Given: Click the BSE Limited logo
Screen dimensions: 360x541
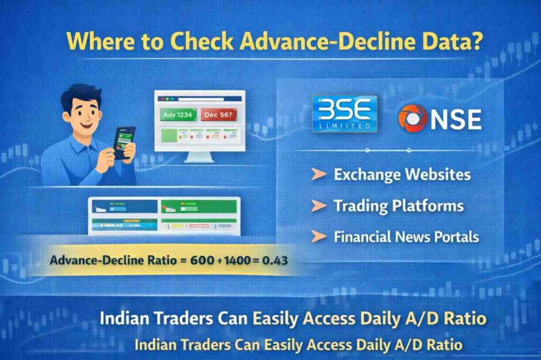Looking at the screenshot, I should click(x=344, y=113).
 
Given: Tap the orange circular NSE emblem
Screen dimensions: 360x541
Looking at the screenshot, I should click(x=413, y=118).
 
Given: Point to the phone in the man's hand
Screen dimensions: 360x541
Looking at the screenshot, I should click(x=125, y=142).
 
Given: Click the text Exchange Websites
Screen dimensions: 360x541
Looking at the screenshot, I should click(x=402, y=174).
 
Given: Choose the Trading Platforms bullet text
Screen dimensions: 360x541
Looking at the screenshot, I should click(x=398, y=205).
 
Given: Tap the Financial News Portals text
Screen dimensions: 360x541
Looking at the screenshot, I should click(x=406, y=236).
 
